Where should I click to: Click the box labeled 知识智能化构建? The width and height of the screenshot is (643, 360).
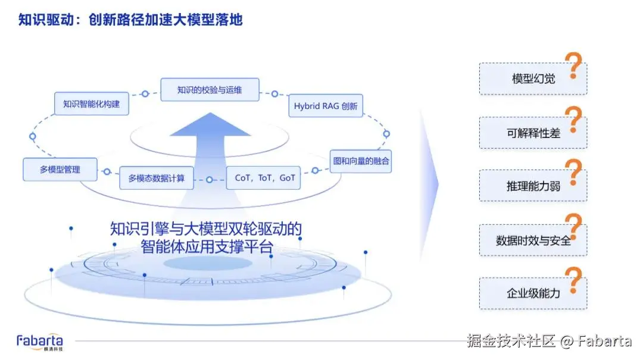pos(91,104)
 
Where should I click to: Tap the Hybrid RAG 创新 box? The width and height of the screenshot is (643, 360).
pos(326,106)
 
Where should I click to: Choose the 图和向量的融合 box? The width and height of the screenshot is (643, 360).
pos(361,161)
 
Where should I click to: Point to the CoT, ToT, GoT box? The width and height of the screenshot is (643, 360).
pos(264,177)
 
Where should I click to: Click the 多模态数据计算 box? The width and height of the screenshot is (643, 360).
pos(157,177)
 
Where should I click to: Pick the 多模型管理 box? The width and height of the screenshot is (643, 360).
pos(60,169)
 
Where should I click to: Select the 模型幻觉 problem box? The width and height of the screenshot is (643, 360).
pos(533,79)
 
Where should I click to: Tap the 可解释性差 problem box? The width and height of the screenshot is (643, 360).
pos(533,133)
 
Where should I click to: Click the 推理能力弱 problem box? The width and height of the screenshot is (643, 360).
pos(533,186)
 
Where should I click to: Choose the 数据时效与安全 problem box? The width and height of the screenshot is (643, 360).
pos(533,240)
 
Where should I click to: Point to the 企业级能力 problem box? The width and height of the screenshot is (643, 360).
pos(533,293)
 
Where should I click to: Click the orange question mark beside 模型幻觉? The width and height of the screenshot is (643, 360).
pos(573,65)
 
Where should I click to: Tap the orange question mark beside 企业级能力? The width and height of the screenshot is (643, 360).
pos(573,280)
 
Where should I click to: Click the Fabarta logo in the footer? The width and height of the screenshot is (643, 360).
pos(39,342)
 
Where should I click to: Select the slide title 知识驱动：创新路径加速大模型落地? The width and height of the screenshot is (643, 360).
pos(130,20)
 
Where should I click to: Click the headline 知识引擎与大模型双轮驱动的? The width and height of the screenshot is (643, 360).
pos(206,228)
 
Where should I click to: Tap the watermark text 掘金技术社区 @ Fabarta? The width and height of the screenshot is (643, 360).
pos(548,341)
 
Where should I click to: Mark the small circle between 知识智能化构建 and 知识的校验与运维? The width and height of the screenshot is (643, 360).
pos(145,94)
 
